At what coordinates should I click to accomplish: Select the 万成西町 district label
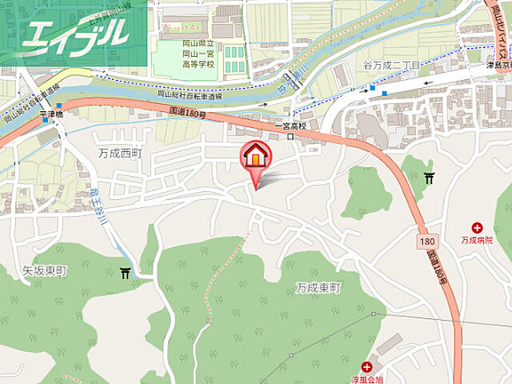point(121,151)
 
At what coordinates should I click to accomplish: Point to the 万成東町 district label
point(318,287)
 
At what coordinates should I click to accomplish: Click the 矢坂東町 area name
point(40,271)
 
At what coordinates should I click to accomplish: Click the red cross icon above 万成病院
point(478,228)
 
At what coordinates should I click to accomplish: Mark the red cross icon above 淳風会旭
point(367,366)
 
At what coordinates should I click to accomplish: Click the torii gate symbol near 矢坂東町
point(125,274)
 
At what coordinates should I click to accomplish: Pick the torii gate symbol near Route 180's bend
point(429,178)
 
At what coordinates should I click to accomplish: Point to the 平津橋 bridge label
point(50,114)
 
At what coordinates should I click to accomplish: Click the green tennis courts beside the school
point(233,58)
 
